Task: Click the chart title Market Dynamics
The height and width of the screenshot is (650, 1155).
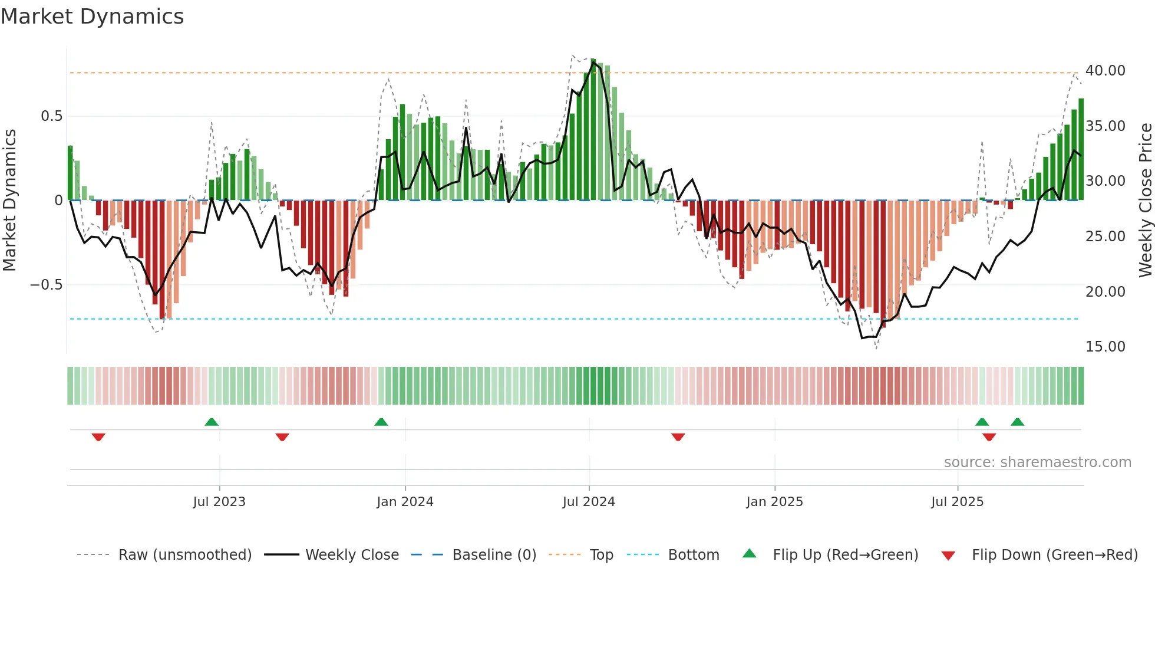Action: pyautogui.click(x=92, y=17)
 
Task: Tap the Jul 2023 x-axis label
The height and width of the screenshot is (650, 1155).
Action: pyautogui.click(x=219, y=502)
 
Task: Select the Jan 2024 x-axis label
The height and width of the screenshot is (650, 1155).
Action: pyautogui.click(x=405, y=502)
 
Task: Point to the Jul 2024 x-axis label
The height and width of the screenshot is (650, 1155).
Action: pyautogui.click(x=589, y=502)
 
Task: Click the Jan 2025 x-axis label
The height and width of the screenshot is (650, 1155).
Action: pyautogui.click(x=774, y=502)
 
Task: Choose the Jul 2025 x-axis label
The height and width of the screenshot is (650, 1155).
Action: pyautogui.click(x=958, y=502)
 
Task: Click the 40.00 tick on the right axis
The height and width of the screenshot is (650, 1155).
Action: pyautogui.click(x=1105, y=71)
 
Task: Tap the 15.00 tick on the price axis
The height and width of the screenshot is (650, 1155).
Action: pyautogui.click(x=1105, y=347)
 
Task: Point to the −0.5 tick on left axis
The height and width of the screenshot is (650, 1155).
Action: pyautogui.click(x=46, y=285)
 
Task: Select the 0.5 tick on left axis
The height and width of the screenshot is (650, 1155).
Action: pyautogui.click(x=51, y=116)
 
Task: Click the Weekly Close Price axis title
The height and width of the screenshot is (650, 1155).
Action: pyautogui.click(x=1145, y=201)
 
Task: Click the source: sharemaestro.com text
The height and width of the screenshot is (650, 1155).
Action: pyautogui.click(x=1037, y=462)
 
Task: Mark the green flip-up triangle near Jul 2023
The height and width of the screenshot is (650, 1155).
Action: pyautogui.click(x=212, y=422)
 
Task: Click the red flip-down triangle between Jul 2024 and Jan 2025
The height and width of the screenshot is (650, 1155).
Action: pyautogui.click(x=678, y=437)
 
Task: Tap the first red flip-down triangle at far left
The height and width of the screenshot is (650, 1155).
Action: pyautogui.click(x=98, y=437)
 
